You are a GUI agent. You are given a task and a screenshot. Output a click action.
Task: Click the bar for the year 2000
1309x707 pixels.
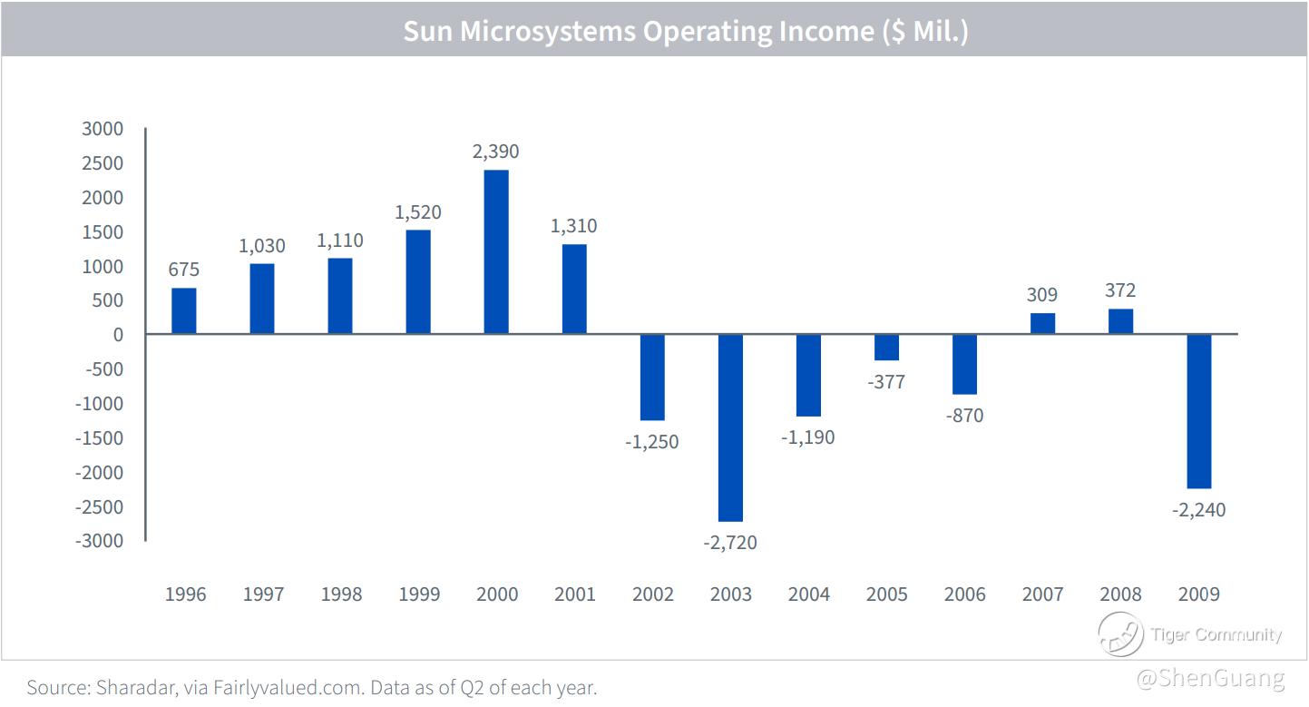point(496,252)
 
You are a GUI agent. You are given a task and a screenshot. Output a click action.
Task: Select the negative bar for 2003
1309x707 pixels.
point(730,427)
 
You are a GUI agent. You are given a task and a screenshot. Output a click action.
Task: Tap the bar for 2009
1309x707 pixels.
point(1198,411)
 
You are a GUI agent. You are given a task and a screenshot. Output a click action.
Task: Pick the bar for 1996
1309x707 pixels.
point(184,311)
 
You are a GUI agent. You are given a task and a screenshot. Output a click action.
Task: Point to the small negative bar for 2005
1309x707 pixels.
point(886,348)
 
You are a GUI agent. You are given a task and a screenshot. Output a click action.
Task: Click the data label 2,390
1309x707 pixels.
point(496,152)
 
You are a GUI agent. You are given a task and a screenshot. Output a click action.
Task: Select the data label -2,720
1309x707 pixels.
point(730,543)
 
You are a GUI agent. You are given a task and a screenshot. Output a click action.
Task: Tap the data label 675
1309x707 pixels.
point(184,270)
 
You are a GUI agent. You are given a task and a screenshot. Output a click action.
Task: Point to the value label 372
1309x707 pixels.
point(1120,290)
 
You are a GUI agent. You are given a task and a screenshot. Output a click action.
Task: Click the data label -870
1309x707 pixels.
point(964,416)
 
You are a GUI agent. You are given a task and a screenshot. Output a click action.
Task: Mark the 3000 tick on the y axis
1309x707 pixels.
point(102,129)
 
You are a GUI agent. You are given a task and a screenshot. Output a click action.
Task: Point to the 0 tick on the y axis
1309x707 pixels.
point(118,335)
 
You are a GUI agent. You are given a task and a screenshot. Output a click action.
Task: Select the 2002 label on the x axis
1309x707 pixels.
point(653,594)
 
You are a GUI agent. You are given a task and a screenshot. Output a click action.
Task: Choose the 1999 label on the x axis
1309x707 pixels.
point(419,594)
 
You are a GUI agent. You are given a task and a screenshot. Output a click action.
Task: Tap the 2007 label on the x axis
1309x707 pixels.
point(1043,594)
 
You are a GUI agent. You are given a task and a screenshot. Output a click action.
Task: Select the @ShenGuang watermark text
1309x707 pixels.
point(1211,679)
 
